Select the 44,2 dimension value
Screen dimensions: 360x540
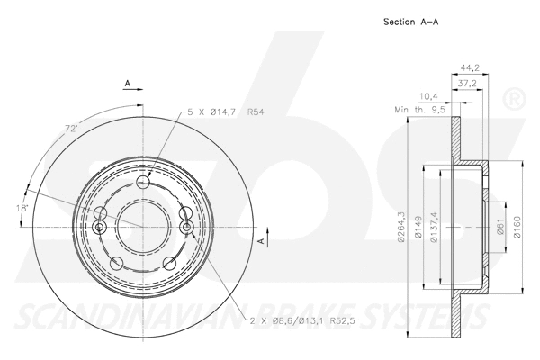tap(468, 67)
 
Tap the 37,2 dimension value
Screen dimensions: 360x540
tap(467, 82)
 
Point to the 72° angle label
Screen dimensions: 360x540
tap(70, 130)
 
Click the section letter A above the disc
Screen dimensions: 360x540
tap(128, 83)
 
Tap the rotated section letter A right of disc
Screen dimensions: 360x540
tap(262, 241)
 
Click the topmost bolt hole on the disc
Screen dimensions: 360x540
tap(143, 183)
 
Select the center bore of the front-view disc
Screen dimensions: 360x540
tap(143, 222)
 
